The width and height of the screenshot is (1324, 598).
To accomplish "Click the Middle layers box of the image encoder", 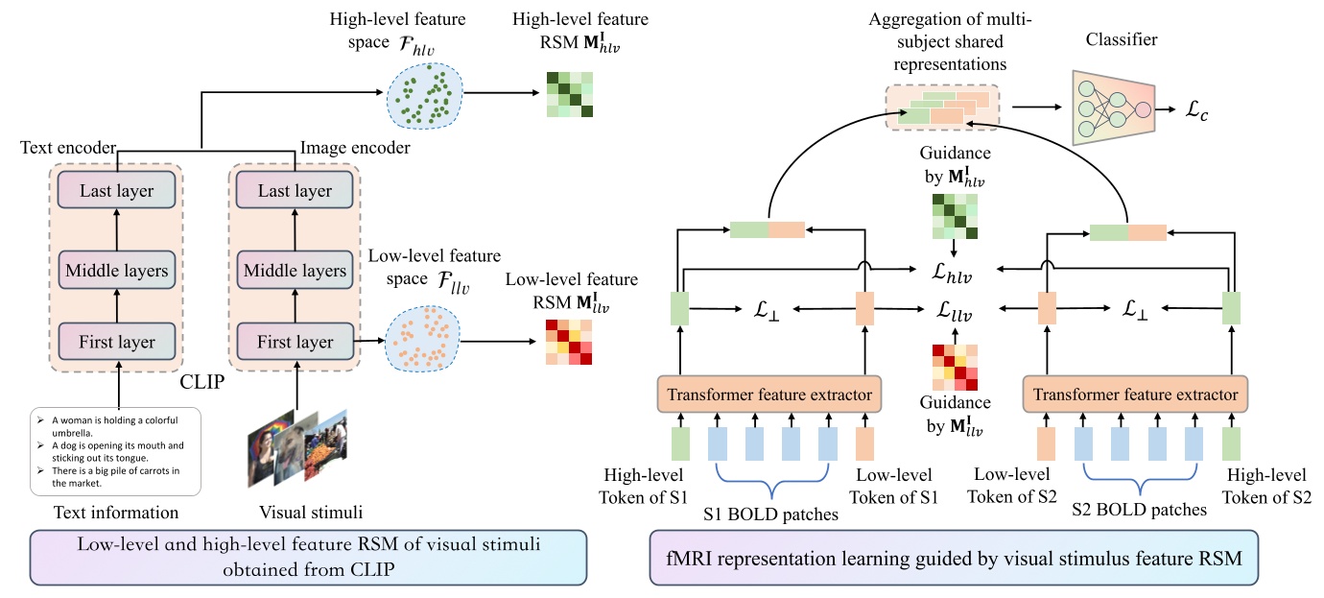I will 295,271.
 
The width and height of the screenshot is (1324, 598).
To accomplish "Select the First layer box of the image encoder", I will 295,342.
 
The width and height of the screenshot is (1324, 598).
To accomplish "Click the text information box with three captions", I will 114,451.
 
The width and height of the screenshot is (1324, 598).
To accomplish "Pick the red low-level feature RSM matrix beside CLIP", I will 568,341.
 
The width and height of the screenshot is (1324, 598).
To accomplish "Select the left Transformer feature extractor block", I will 770,394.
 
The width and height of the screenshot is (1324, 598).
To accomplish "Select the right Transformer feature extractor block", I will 1132,394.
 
